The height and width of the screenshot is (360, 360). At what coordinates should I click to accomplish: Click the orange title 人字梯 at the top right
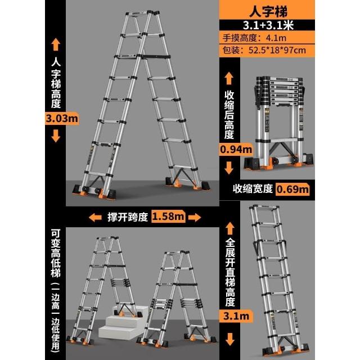(x=268, y=11)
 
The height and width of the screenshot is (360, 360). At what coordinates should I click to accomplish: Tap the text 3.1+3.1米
(x=268, y=25)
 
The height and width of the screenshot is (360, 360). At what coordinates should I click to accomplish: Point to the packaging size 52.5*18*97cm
(x=277, y=50)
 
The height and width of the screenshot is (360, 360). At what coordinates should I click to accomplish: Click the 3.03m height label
(x=62, y=119)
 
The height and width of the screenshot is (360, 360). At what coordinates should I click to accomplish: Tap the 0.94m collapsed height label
(x=236, y=150)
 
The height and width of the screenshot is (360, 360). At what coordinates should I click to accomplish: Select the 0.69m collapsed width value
(x=292, y=189)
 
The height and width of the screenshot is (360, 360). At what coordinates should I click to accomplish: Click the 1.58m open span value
(x=168, y=217)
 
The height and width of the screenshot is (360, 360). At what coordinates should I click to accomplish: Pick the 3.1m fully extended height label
(x=236, y=316)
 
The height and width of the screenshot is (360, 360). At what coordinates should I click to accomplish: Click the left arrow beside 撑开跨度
(x=95, y=217)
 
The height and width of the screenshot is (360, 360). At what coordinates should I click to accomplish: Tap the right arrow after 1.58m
(x=195, y=217)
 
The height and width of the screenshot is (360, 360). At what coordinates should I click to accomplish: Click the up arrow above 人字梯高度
(x=56, y=44)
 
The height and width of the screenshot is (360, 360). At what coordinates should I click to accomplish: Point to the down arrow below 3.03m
(x=56, y=136)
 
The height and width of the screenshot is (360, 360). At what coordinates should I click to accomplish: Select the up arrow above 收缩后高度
(x=229, y=78)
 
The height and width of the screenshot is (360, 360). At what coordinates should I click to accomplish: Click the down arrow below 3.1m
(x=230, y=340)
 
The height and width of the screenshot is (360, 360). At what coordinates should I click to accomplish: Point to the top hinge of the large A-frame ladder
(x=150, y=13)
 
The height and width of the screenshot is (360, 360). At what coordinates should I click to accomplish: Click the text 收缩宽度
(x=253, y=189)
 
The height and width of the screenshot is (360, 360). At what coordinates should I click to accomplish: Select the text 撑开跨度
(x=128, y=217)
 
